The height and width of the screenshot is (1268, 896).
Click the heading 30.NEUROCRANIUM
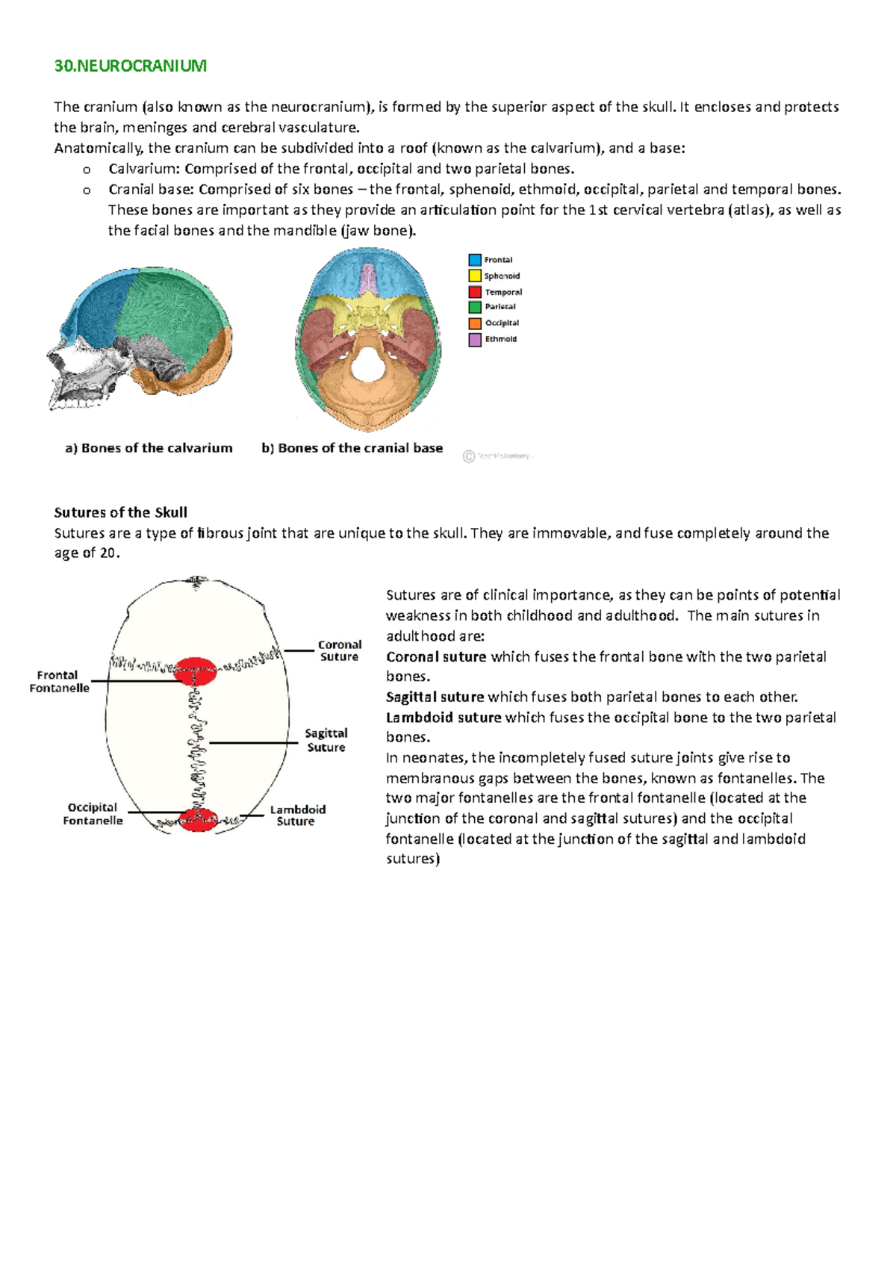coord(130,66)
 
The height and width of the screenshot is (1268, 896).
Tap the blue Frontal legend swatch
coord(475,260)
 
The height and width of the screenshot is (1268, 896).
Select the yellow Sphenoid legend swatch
coord(475,276)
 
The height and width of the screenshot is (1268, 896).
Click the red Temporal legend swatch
coord(475,292)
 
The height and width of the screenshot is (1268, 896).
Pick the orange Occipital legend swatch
coord(475,323)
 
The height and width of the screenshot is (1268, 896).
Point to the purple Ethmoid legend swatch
coord(475,339)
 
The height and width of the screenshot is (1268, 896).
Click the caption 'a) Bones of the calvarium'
coord(149,448)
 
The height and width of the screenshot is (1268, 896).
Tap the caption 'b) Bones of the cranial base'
coord(352,448)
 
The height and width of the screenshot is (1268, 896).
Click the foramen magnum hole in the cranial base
coord(365,366)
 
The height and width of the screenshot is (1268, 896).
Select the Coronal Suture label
coord(339,650)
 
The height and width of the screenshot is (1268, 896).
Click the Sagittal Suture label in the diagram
coord(326,740)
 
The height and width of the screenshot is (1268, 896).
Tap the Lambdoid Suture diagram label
coord(297,815)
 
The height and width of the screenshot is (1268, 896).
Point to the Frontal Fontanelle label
coord(59,681)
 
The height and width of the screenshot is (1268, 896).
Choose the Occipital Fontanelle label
coord(93,813)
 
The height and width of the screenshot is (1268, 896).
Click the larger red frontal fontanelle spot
coord(196,671)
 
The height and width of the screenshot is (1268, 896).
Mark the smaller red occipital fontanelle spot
coord(198,819)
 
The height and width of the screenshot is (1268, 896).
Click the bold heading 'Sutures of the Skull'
coord(120,512)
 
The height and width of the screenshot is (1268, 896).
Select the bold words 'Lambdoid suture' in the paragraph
coord(444,718)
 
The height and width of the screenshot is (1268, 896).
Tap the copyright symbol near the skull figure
coord(469,456)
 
